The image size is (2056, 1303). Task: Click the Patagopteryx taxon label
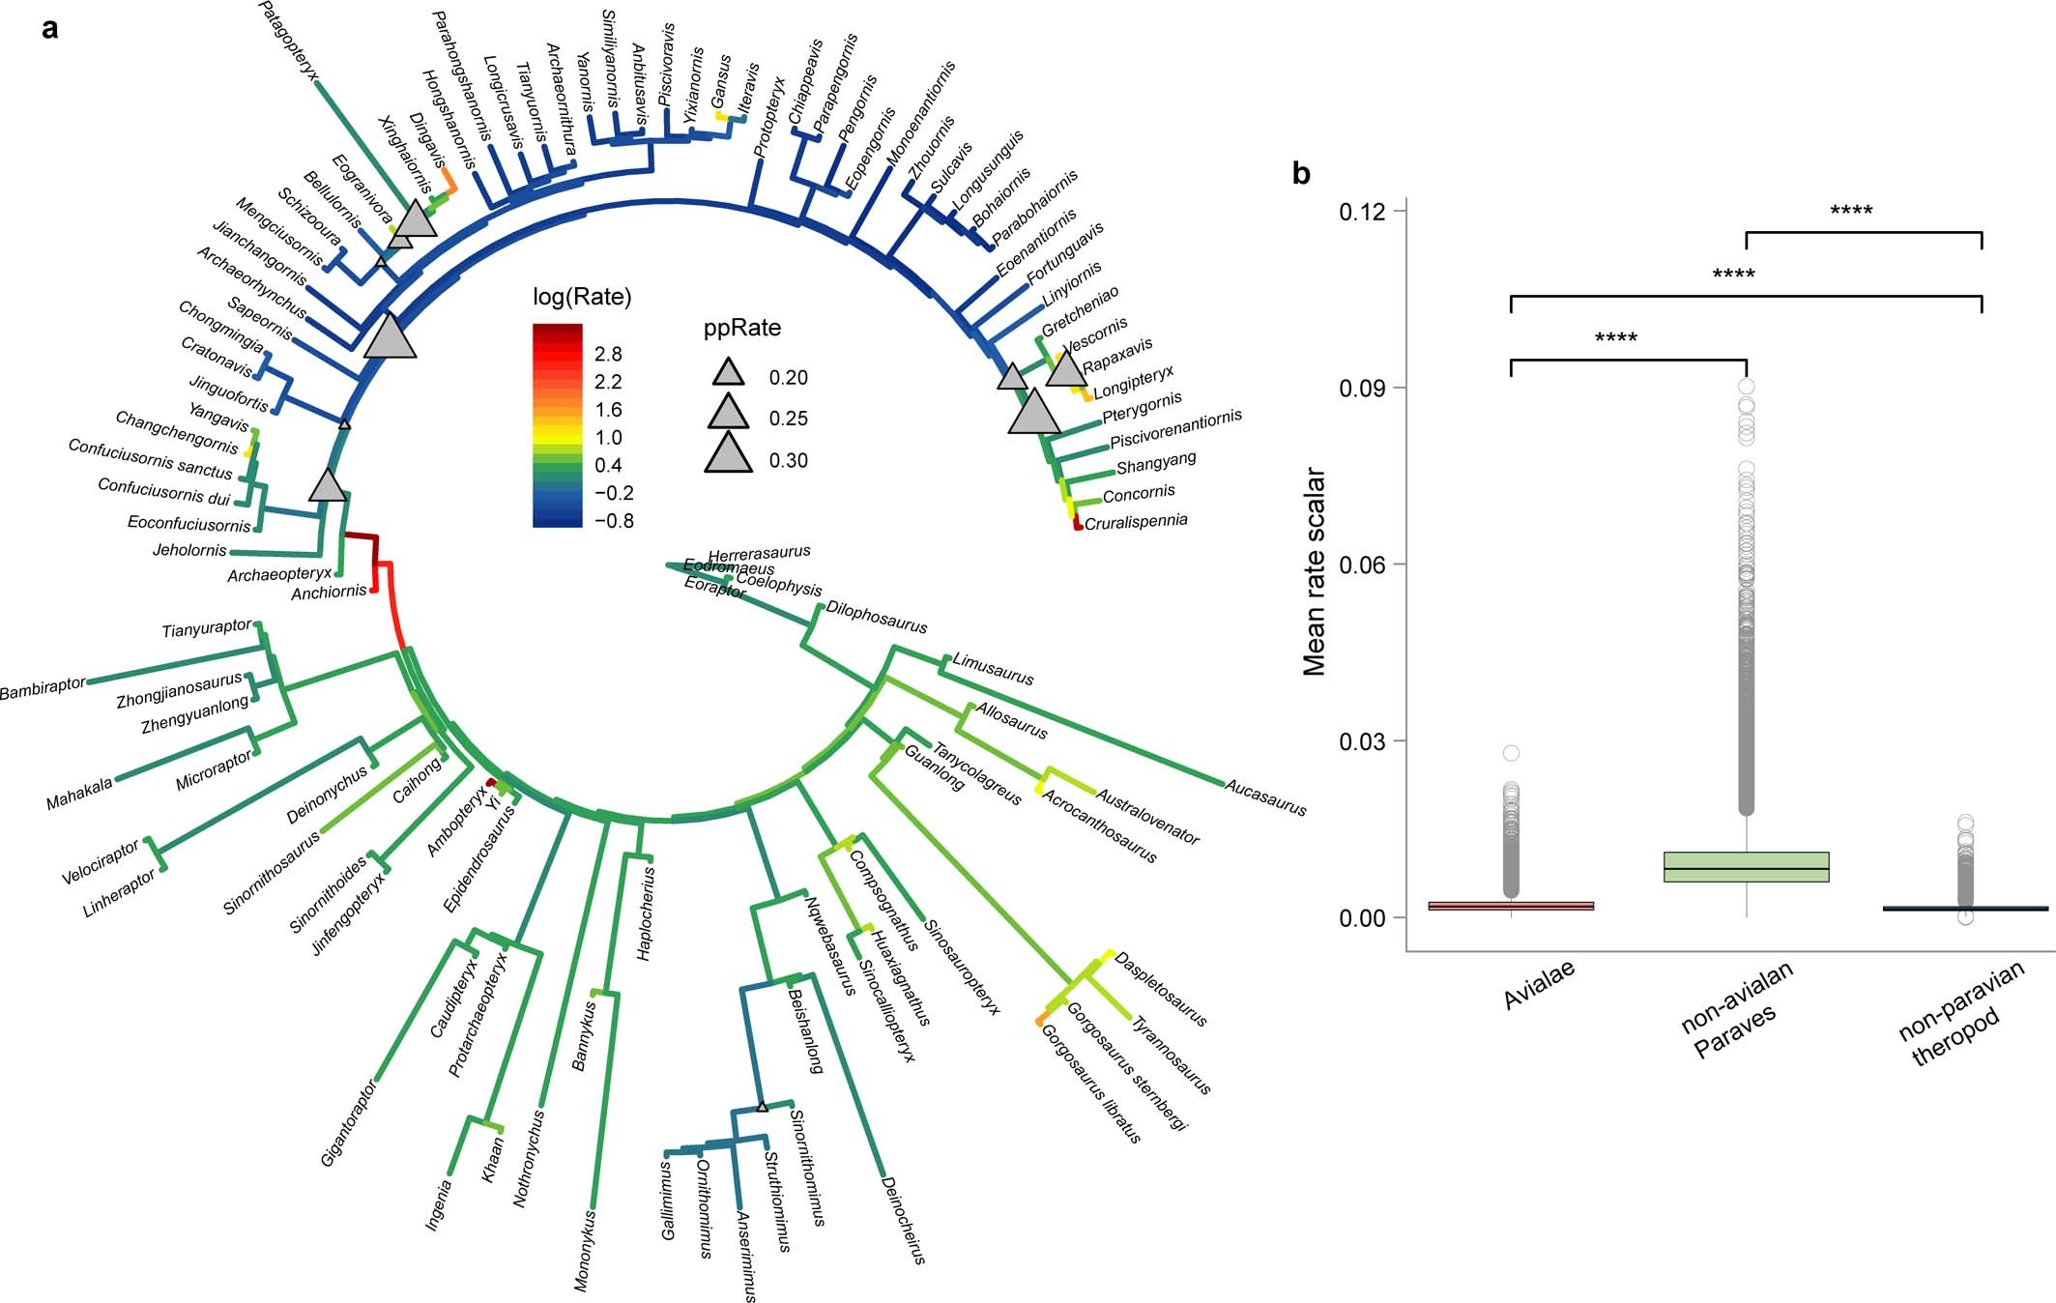289,40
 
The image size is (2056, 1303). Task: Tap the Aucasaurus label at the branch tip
1265,797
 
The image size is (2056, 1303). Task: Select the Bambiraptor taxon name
43,688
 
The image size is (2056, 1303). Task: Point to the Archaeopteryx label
278,575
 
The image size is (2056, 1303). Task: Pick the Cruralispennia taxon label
1136,523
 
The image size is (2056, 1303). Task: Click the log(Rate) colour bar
558,425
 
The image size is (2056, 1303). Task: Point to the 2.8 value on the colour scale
608,354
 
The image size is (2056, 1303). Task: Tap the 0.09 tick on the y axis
1359,388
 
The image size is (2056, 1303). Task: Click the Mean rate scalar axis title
1314,572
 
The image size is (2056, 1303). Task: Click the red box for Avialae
1511,906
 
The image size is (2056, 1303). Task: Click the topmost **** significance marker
1851,211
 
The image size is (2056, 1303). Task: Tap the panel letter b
1302,174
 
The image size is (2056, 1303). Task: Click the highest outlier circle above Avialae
1511,753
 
